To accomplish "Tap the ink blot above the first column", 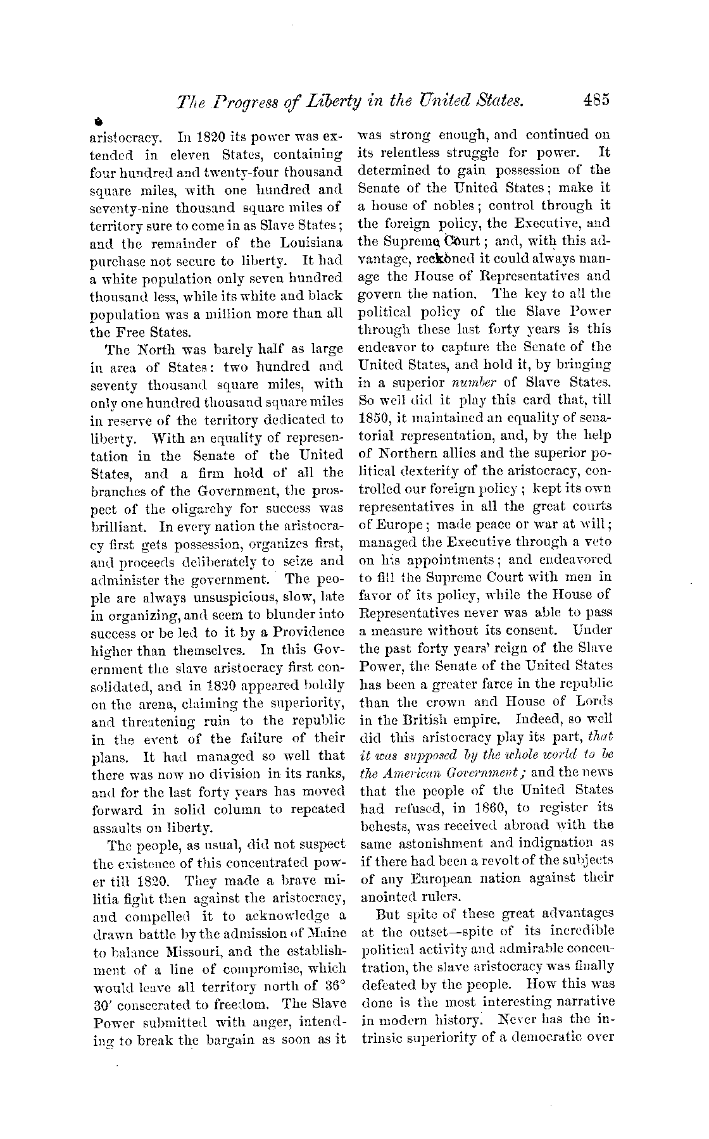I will click(98, 120).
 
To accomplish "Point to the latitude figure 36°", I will click(334, 986).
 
